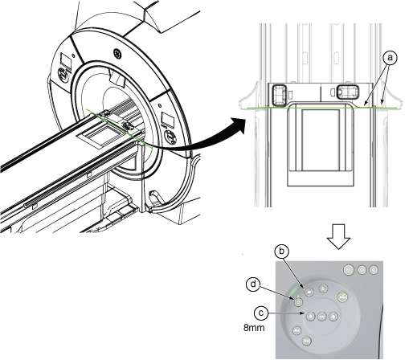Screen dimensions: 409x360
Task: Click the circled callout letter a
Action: pyautogui.click(x=390, y=58)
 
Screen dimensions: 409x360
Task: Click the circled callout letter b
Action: pyautogui.click(x=281, y=252)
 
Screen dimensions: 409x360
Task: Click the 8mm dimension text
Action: pyautogui.click(x=254, y=328)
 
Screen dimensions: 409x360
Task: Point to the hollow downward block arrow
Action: pyautogui.click(x=339, y=236)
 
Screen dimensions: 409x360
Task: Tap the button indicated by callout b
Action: pyautogui.click(x=309, y=292)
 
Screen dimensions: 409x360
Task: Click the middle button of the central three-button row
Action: pyautogui.click(x=321, y=317)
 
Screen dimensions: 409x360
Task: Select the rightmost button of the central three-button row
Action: pyautogui.click(x=333, y=317)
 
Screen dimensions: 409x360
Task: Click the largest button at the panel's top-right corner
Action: pyautogui.click(x=348, y=270)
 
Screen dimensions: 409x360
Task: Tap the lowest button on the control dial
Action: pyautogui.click(x=307, y=341)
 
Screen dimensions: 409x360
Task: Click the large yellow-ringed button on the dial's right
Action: pyautogui.click(x=342, y=297)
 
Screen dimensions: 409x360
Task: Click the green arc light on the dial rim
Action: pyautogui.click(x=292, y=292)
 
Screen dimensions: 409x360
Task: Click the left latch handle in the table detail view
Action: pyautogui.click(x=280, y=94)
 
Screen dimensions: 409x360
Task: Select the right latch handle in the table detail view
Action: pyautogui.click(x=347, y=92)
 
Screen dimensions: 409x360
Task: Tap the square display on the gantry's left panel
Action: pyautogui.click(x=66, y=60)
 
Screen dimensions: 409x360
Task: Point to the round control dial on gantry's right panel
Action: pyautogui.click(x=170, y=137)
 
